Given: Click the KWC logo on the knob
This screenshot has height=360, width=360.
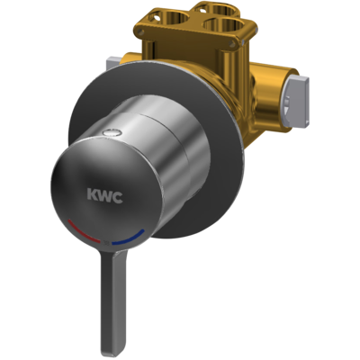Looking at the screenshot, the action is coord(104,195).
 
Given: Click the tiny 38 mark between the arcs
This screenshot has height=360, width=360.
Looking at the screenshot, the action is coord(106,242).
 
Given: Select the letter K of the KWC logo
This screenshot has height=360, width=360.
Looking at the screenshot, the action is coord(93,194).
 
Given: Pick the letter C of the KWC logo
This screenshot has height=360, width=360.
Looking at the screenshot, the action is coord(117,197).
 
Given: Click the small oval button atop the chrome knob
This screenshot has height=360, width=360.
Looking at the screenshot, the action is coord(112,131).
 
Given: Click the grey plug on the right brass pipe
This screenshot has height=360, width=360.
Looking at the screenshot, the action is coord(298,101).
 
